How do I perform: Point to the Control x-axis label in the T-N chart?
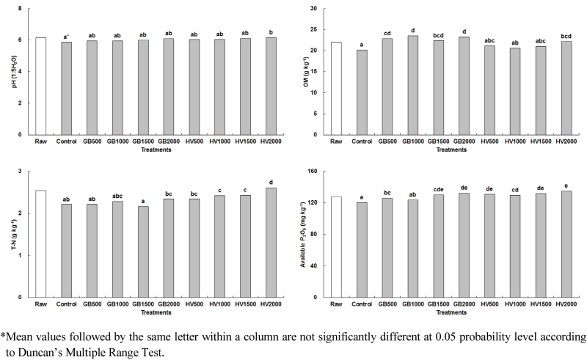[65, 304]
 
